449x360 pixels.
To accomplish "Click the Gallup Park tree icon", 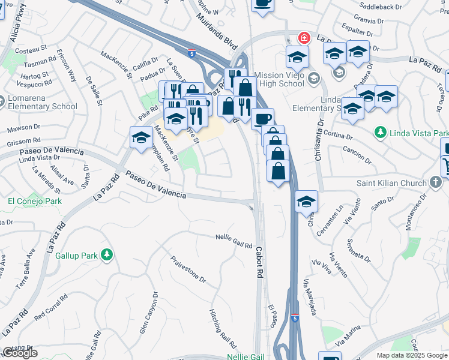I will [x=107, y=255].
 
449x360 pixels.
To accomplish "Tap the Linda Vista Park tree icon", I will [x=379, y=132].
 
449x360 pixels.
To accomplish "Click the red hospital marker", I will [x=304, y=38].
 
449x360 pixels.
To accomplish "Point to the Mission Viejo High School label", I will [x=279, y=80].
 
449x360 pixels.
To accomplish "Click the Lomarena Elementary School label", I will [x=42, y=103].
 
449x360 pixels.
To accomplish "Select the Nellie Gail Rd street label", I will [x=234, y=241].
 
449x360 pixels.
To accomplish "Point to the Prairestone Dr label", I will [x=188, y=271].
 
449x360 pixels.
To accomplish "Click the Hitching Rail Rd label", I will [x=223, y=329].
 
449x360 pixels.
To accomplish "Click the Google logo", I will [x=20, y=353].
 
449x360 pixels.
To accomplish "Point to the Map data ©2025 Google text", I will [x=412, y=355].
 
